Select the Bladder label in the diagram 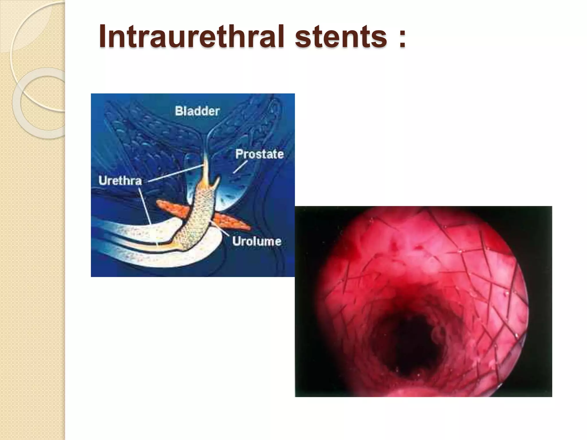click(x=197, y=111)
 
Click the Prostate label click(x=259, y=154)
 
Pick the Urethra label click(x=120, y=181)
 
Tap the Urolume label click(x=257, y=241)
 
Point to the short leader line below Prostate click(x=240, y=167)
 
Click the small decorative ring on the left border click(x=39, y=103)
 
